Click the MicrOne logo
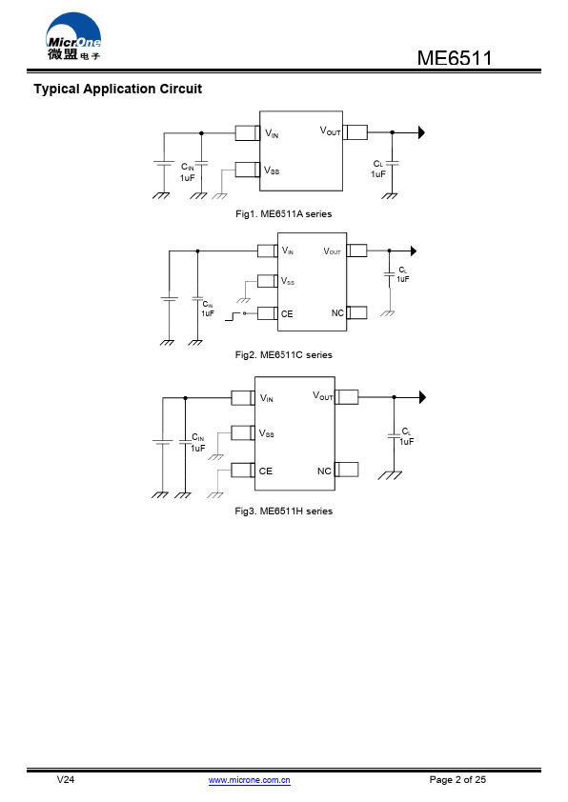(73, 36)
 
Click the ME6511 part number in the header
(455, 58)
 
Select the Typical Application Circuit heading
(117, 89)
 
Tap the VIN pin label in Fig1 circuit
(272, 133)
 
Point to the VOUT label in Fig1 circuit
(330, 130)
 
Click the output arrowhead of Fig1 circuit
(421, 132)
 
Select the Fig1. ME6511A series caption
(283, 213)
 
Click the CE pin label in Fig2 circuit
(287, 313)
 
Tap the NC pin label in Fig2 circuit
(337, 313)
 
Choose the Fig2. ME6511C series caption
(283, 355)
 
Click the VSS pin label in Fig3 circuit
(266, 433)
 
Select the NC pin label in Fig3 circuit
(324, 471)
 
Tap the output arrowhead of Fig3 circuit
(423, 397)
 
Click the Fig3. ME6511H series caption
(283, 511)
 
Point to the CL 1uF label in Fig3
(407, 437)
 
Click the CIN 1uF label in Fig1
(188, 172)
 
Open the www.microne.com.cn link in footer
(249, 780)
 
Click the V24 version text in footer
(66, 779)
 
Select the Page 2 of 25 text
(457, 779)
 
